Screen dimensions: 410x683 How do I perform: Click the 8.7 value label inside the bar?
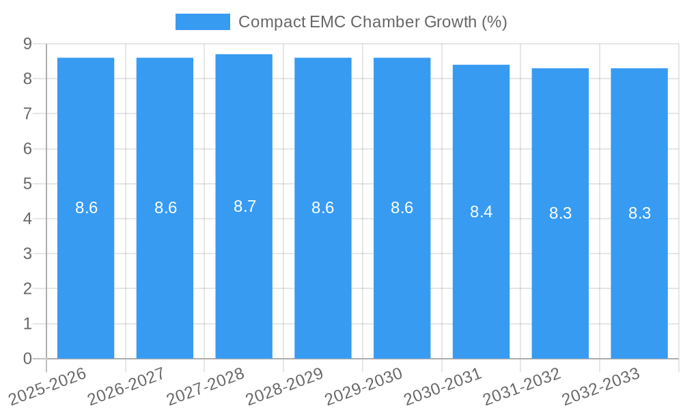pyautogui.click(x=245, y=206)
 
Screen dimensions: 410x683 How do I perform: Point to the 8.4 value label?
pyautogui.click(x=481, y=212)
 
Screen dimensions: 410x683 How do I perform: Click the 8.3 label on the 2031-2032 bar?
pyautogui.click(x=560, y=213)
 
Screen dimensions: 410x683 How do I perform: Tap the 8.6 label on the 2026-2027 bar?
pyautogui.click(x=165, y=208)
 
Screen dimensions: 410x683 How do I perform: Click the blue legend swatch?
pyautogui.click(x=202, y=22)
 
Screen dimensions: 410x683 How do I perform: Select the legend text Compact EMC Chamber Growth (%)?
pyautogui.click(x=372, y=22)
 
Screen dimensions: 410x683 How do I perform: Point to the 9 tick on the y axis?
pyautogui.click(x=27, y=44)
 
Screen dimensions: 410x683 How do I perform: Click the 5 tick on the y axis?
pyautogui.click(x=27, y=184)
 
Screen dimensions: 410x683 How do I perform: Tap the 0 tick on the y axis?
pyautogui.click(x=27, y=359)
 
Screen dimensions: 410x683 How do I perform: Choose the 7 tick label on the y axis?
pyautogui.click(x=27, y=113)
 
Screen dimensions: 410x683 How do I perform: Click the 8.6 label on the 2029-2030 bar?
pyautogui.click(x=402, y=208)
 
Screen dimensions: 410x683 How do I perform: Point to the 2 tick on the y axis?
pyautogui.click(x=27, y=289)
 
